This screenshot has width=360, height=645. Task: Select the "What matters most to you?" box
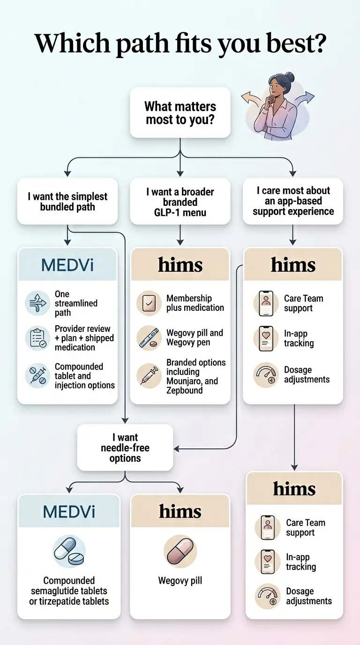tap(180, 113)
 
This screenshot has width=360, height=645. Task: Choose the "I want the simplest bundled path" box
tap(67, 202)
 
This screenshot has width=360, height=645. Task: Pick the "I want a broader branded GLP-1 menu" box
tap(180, 202)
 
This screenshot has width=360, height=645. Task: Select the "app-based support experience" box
tap(293, 201)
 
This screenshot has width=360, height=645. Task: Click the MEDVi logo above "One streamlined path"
tap(67, 265)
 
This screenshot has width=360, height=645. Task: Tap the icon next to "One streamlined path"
tap(37, 303)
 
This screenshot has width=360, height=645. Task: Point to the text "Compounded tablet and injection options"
tap(84, 376)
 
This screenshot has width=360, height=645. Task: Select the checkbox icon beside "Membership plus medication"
tap(149, 303)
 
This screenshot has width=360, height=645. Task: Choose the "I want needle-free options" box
tap(125, 448)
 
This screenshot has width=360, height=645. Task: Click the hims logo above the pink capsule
tap(180, 511)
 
